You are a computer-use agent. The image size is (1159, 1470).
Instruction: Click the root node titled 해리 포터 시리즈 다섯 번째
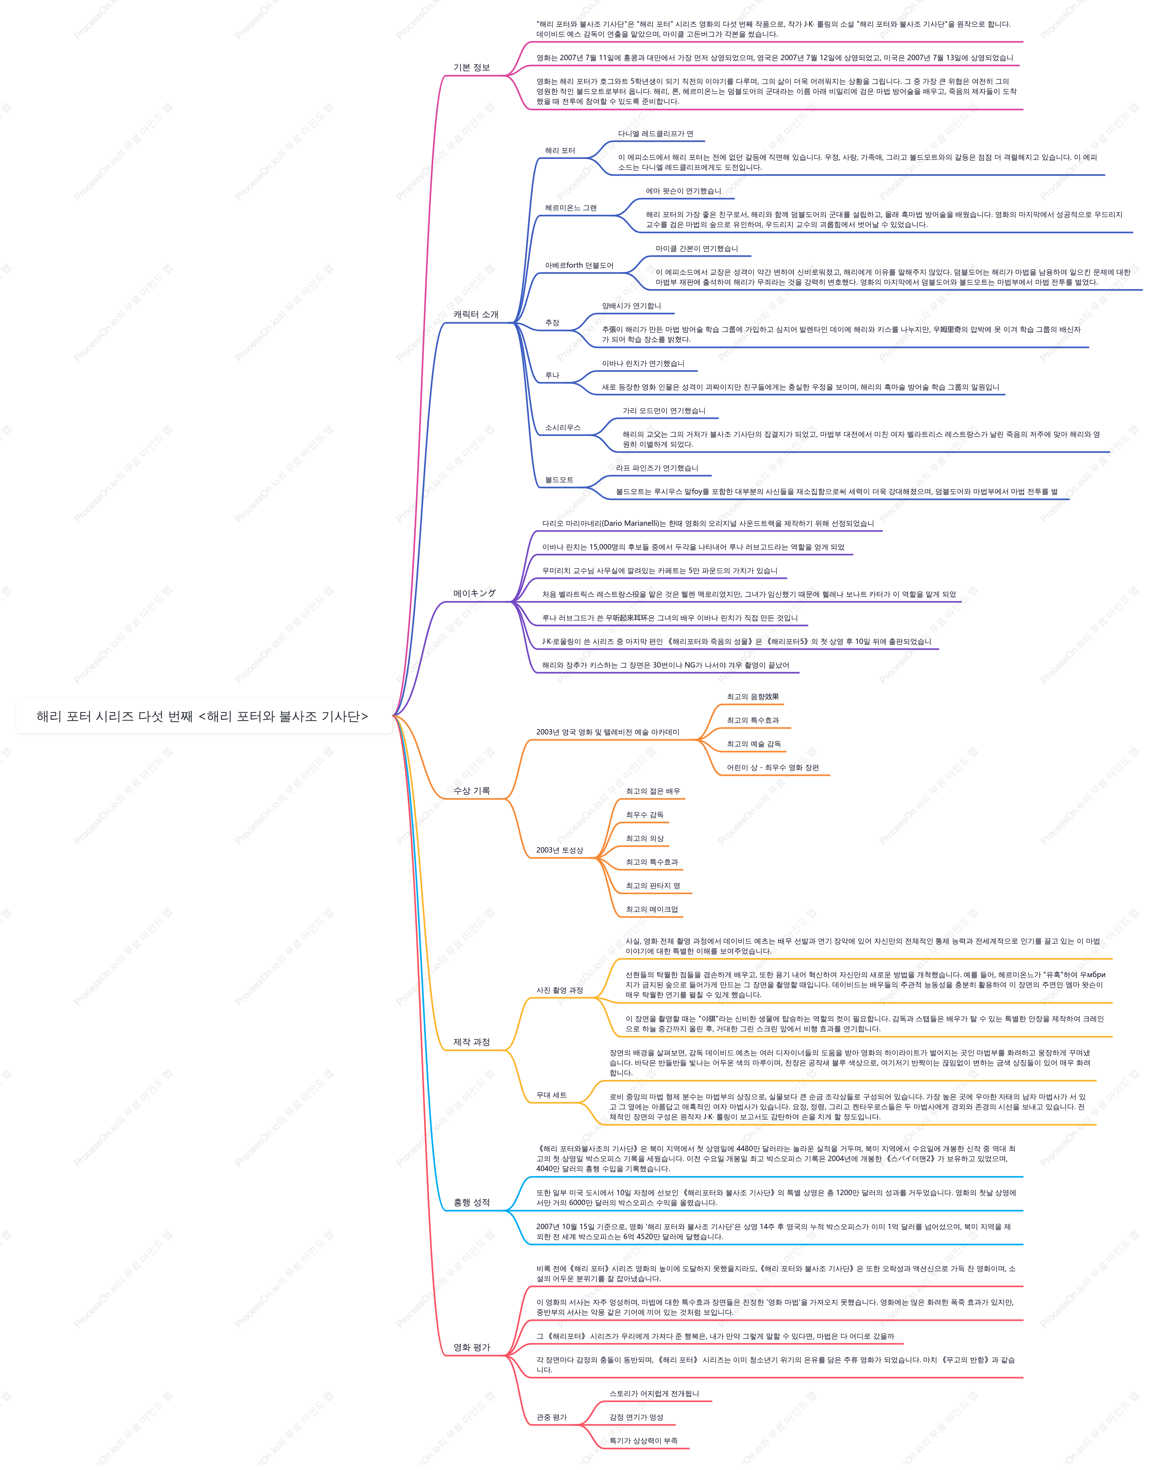coord(202,716)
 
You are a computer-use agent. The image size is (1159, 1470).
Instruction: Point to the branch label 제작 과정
coord(472,1042)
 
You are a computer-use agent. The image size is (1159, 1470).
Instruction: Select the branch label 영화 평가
coord(472,1347)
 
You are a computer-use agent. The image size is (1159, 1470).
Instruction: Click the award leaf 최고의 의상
coord(645,839)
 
